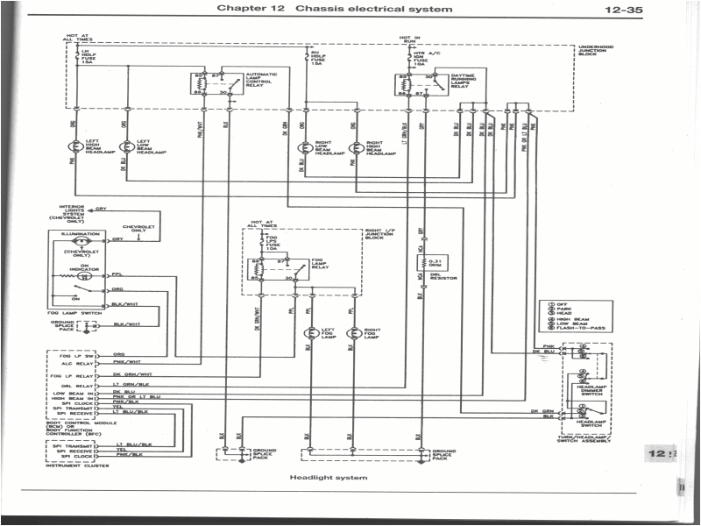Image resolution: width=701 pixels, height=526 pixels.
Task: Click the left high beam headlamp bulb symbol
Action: [x=76, y=146]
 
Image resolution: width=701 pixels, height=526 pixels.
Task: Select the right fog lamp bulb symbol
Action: [x=353, y=333]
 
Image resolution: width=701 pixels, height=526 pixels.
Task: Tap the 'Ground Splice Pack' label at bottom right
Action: [x=443, y=455]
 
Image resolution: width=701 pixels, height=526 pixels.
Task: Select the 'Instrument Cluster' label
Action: [x=70, y=465]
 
